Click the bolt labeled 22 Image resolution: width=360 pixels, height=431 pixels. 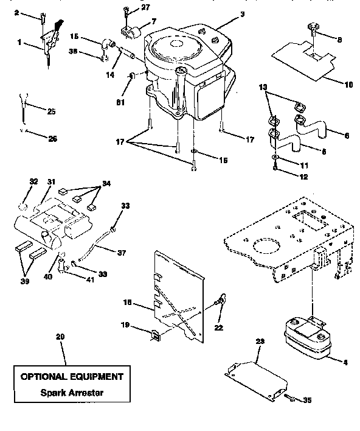tap(223, 300)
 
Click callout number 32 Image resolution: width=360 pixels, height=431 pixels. tap(33, 181)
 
